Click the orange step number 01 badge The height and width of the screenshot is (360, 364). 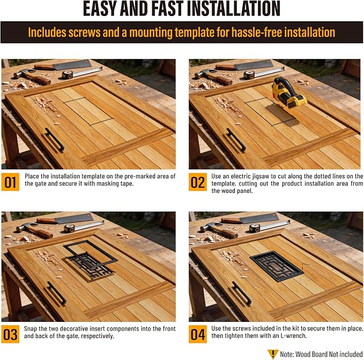[x=10, y=182]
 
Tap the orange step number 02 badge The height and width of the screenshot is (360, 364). [x=198, y=182]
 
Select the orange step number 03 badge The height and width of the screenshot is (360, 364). [x=10, y=334]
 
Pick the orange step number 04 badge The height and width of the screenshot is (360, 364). [x=198, y=334]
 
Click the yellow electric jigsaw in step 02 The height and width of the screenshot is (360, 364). [x=288, y=93]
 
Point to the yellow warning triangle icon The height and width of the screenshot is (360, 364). [x=273, y=354]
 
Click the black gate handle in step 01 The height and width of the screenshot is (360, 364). [x=55, y=140]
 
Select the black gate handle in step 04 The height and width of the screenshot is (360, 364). [x=242, y=293]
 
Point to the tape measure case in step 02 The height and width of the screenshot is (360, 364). [x=249, y=74]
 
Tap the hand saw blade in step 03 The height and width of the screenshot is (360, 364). [x=75, y=219]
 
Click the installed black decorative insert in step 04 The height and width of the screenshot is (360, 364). [x=277, y=266]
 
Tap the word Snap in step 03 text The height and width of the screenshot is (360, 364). [x=31, y=329]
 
